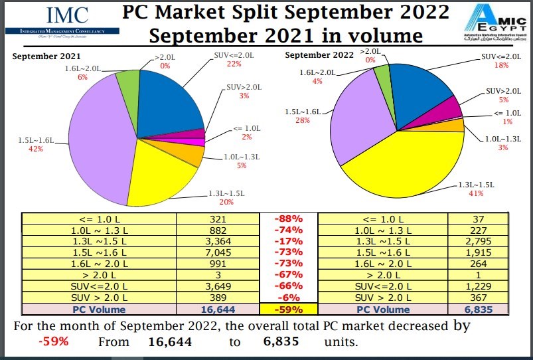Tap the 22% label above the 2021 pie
(234, 64)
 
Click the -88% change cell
(289, 219)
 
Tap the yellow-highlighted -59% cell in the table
(289, 310)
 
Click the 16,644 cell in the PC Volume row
(218, 310)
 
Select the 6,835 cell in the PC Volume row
(479, 310)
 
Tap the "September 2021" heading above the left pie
(42, 56)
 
